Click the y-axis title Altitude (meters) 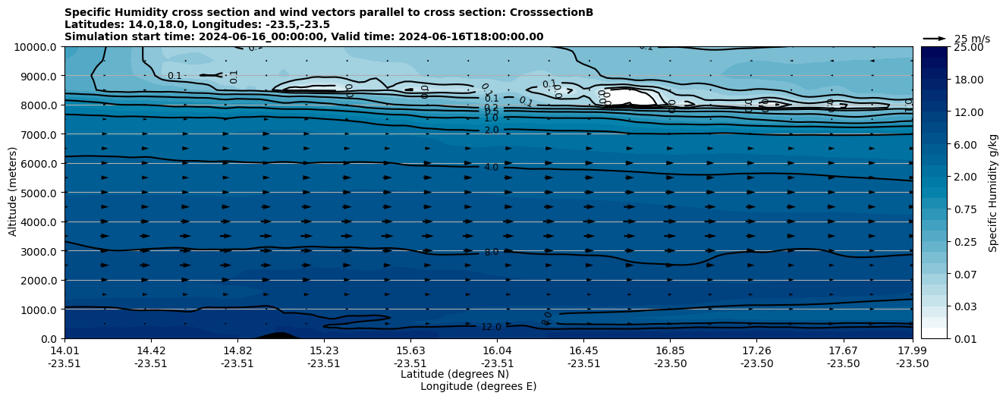coord(13,193)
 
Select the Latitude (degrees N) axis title coord(454,374)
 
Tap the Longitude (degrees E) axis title coord(478,386)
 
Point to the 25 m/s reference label coord(972,39)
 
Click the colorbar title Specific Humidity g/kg coord(993,193)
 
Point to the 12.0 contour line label coord(491,327)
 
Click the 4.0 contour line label coord(491,167)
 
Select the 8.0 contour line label coord(491,252)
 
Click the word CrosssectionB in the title coord(550,12)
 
